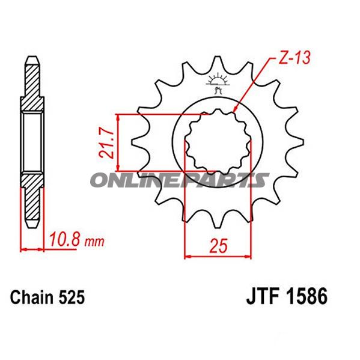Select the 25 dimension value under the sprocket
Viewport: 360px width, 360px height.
[217, 245]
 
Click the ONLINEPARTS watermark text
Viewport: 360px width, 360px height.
[180, 180]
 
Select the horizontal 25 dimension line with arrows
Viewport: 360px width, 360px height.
[216, 257]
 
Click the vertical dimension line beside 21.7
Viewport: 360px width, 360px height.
[120, 142]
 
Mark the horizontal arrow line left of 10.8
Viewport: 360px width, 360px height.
[33, 248]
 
